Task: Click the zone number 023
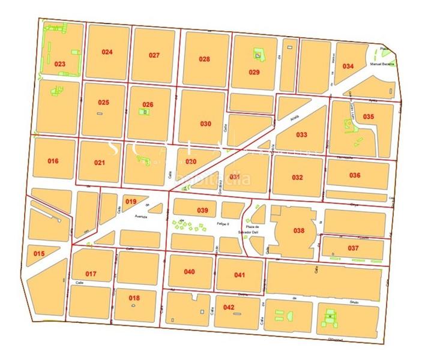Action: point(59,63)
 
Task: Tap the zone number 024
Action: point(107,52)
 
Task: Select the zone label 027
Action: point(154,55)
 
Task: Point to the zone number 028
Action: point(204,59)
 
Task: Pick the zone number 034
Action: point(348,66)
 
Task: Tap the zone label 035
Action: point(368,116)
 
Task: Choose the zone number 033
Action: point(301,134)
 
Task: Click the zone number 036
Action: point(355,175)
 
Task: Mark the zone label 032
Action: point(297,178)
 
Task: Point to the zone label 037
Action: point(353,248)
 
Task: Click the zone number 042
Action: point(228,307)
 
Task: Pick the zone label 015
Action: point(39,254)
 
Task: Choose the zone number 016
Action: point(53,161)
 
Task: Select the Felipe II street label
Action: point(224,223)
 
